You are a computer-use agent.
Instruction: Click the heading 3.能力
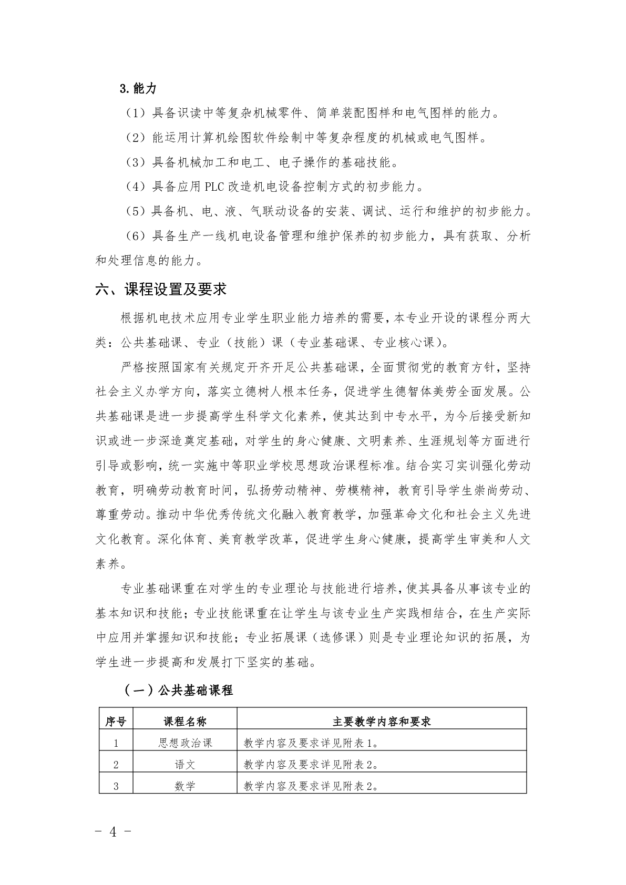[x=138, y=89]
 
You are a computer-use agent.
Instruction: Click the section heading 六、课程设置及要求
[x=161, y=290]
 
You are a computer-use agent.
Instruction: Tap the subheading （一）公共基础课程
[x=178, y=690]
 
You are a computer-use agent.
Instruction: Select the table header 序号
[x=116, y=722]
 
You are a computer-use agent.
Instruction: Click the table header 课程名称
[x=184, y=722]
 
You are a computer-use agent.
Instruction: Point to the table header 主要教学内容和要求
[x=382, y=722]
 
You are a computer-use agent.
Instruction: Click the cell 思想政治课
[x=184, y=743]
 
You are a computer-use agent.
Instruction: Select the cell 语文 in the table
[x=184, y=765]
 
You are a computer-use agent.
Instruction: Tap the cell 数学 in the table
[x=184, y=786]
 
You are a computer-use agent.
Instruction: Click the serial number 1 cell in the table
[x=116, y=743]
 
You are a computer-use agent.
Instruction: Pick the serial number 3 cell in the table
[x=116, y=786]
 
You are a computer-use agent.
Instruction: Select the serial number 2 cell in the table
[x=116, y=765]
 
